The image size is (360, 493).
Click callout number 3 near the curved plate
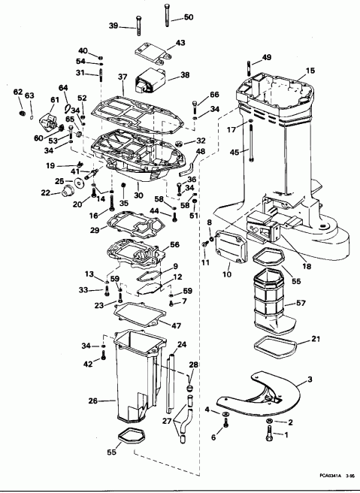click(310, 383)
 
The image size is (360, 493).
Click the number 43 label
click(180, 43)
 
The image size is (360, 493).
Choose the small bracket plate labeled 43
click(150, 52)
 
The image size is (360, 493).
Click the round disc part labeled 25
click(58, 182)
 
